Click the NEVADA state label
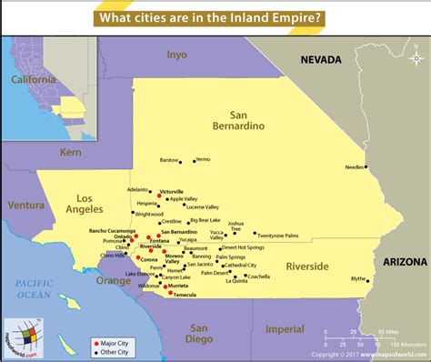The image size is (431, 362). click(x=322, y=60)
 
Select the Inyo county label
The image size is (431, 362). click(x=176, y=55)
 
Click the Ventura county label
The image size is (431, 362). click(x=25, y=205)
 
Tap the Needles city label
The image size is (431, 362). click(x=354, y=167)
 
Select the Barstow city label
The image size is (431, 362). click(x=169, y=160)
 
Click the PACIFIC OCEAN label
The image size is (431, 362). click(x=31, y=290)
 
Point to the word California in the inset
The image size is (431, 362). click(x=33, y=79)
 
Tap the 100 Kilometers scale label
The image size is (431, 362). click(x=406, y=345)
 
